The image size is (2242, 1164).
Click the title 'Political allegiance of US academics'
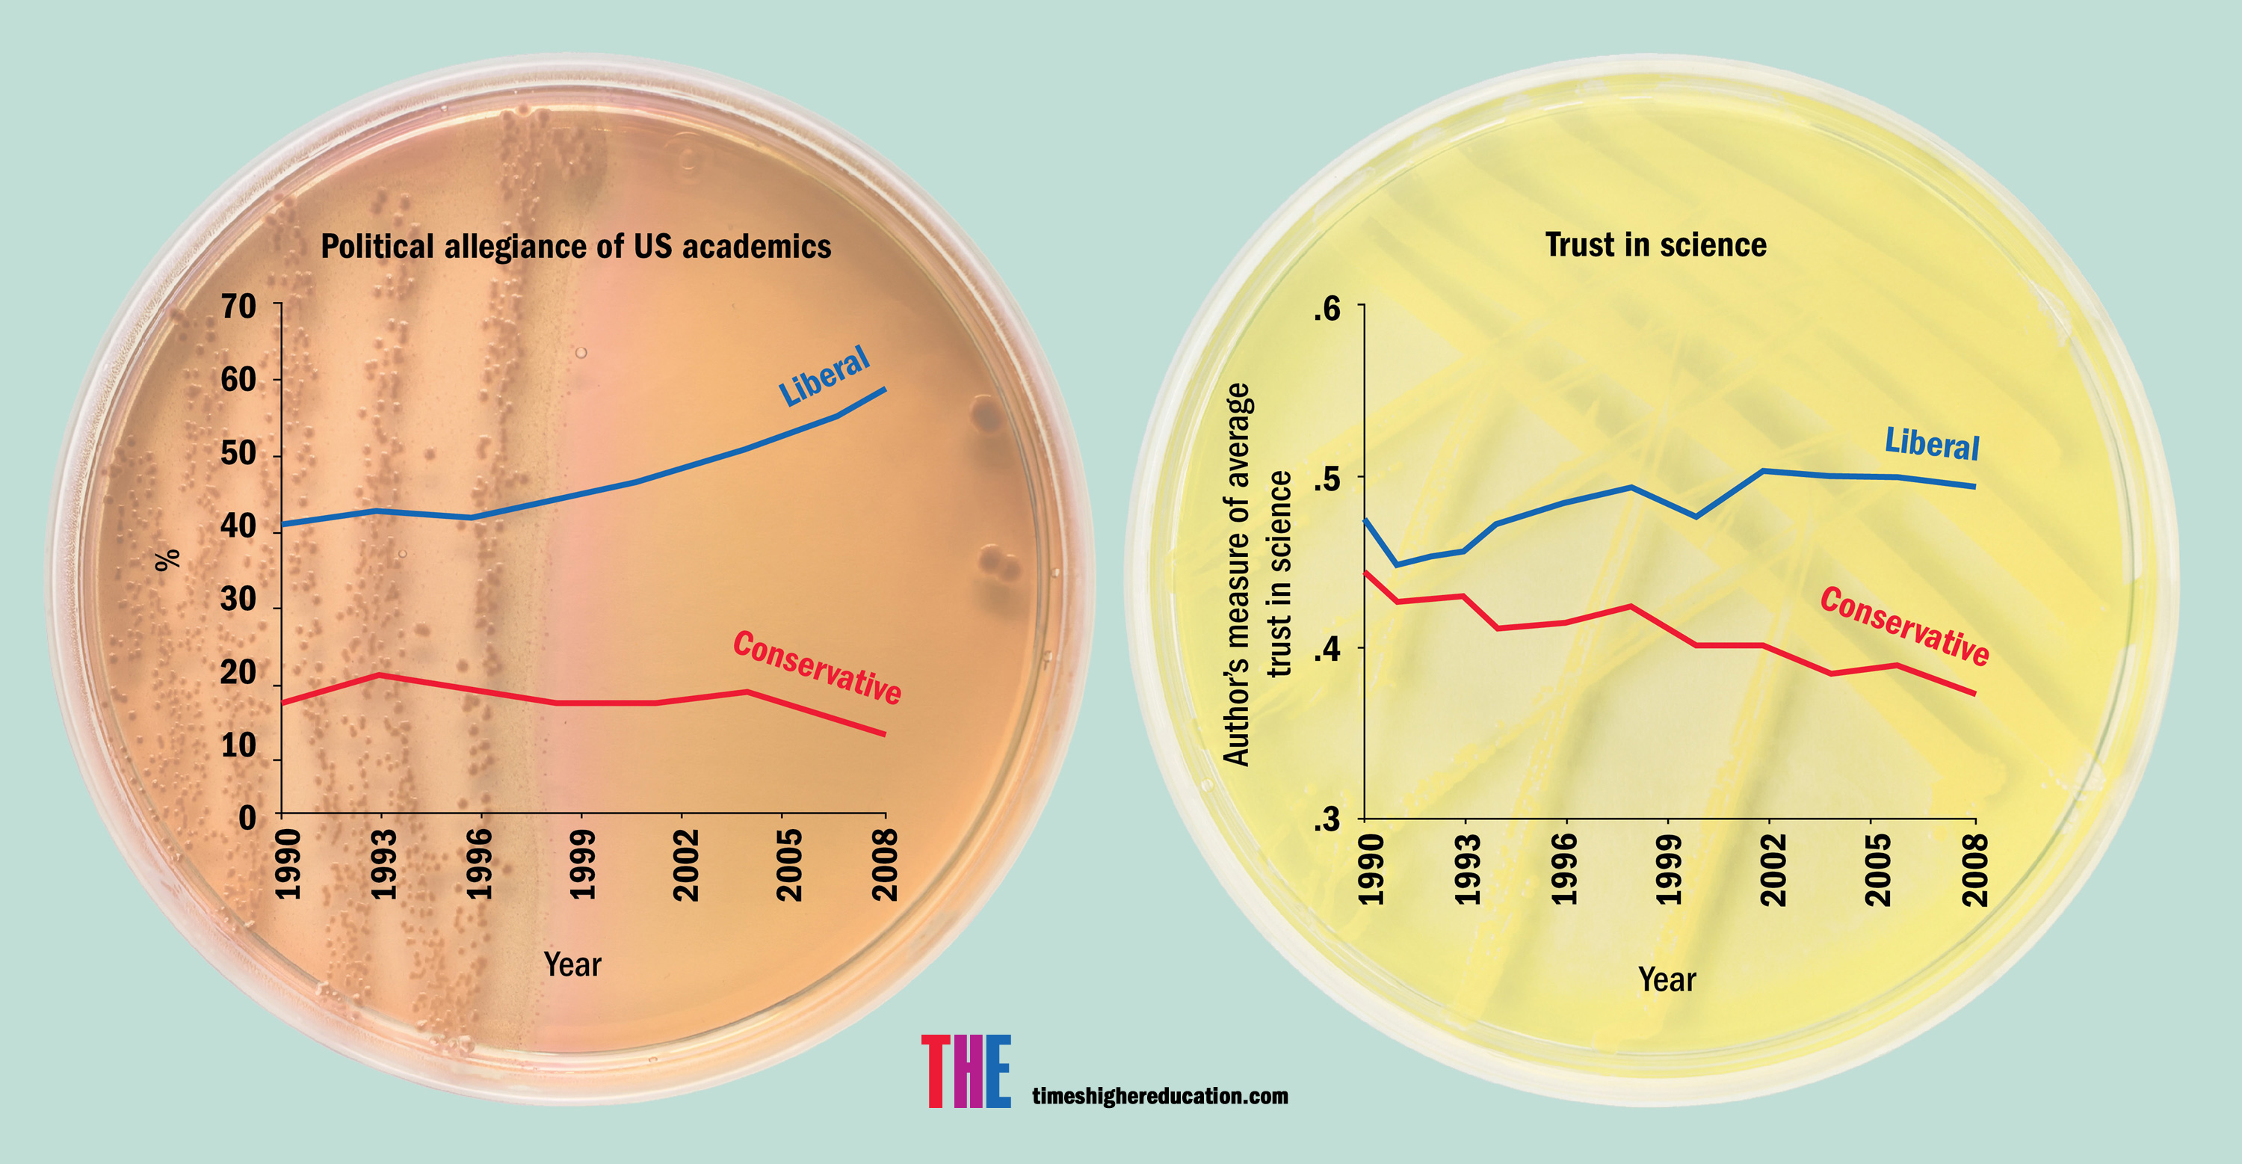pos(575,247)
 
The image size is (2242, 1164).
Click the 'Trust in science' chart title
pos(1655,244)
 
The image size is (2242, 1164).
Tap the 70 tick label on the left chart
pos(238,307)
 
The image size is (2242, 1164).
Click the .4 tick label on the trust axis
pos(1327,649)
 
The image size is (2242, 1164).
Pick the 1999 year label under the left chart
pos(581,863)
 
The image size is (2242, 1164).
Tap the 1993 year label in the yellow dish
pos(1468,869)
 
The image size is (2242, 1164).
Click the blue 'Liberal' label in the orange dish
pos(824,375)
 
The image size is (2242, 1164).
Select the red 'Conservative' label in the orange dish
pos(816,667)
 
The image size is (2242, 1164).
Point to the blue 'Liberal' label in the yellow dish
pos(1932,444)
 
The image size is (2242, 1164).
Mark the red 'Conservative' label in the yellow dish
pos(1904,626)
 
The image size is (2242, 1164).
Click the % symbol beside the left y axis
pos(168,559)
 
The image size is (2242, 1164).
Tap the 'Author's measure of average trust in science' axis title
pos(1257,575)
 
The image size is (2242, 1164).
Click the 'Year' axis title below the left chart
pos(572,964)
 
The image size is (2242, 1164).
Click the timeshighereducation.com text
pos(1159,1096)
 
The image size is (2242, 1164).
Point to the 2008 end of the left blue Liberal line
pos(884,389)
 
